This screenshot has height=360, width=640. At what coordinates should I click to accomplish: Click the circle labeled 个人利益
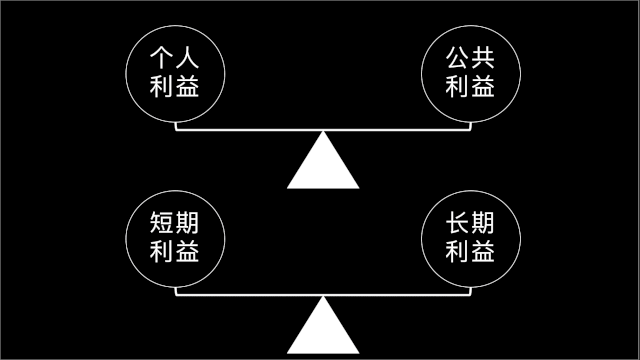coord(175,73)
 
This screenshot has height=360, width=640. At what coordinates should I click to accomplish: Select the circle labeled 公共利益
coord(470,73)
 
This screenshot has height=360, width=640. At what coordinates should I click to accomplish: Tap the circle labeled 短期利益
coord(175,238)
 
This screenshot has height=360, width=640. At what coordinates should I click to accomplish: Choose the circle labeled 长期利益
coord(470,238)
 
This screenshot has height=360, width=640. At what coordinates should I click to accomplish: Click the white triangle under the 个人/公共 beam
coord(322,165)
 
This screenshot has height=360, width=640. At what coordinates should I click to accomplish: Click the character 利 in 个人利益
coord(162,87)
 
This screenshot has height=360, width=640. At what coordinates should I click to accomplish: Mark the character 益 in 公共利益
coord(483,87)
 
